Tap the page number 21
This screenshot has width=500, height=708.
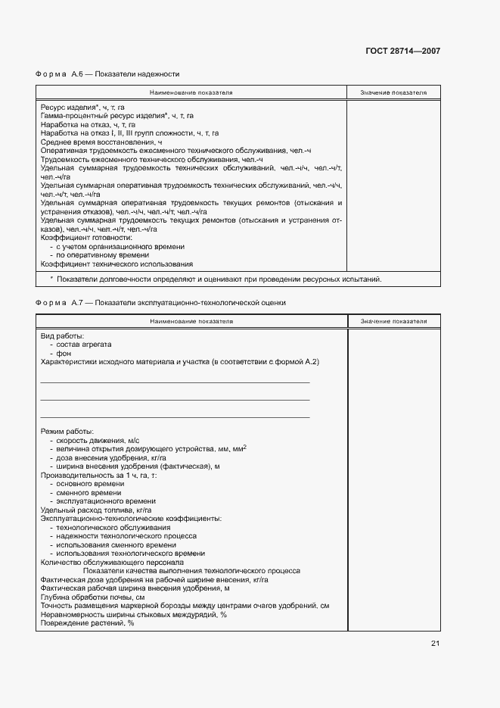435,644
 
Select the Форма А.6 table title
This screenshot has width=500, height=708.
107,74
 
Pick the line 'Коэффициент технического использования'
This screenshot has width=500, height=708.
116,264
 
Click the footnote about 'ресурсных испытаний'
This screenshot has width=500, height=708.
215,279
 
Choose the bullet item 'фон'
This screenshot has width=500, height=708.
63,354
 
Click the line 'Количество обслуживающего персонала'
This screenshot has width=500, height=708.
112,562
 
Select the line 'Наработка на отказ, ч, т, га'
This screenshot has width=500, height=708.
88,124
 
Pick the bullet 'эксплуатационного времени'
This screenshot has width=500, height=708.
105,501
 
